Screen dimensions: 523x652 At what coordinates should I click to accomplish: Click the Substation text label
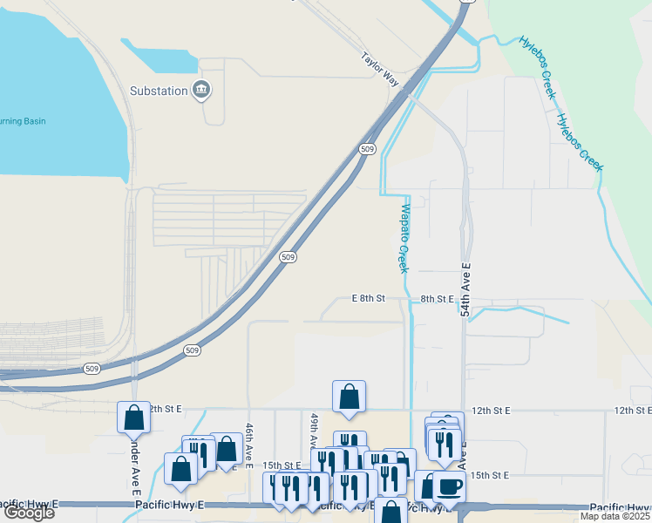click(159, 91)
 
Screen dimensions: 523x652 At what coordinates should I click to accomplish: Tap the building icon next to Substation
click(202, 89)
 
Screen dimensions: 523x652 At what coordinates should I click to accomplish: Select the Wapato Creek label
click(404, 235)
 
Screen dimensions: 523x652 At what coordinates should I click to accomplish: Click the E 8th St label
click(368, 299)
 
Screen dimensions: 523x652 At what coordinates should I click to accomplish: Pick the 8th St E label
click(438, 299)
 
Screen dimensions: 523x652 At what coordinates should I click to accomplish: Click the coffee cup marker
click(449, 486)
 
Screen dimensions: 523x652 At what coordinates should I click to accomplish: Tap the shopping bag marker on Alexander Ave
click(134, 417)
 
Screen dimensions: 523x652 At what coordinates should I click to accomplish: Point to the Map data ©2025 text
click(615, 516)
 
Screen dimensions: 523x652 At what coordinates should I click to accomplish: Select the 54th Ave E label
click(465, 292)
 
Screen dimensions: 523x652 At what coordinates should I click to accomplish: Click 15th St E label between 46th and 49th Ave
click(282, 465)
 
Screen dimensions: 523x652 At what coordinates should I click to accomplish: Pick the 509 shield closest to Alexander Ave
click(92, 369)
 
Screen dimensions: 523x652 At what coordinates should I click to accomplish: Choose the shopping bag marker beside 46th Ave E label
click(226, 449)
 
